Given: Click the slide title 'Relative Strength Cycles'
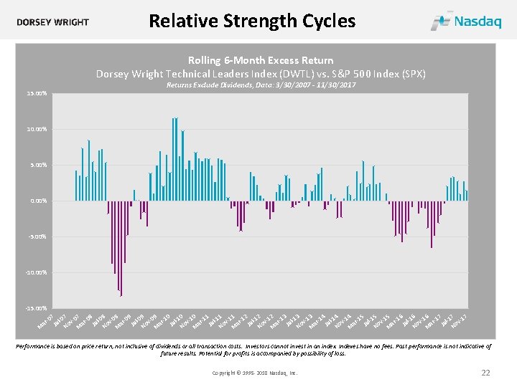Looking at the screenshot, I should (251, 21).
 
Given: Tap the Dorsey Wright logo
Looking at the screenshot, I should (53, 21).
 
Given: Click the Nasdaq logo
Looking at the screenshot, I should (466, 21).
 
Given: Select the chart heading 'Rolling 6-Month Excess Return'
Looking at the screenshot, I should (261, 60).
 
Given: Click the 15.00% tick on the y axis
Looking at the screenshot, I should (37, 93).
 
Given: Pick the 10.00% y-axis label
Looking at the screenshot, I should (37, 129).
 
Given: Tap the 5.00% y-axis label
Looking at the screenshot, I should (38, 165).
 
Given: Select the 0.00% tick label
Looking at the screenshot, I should (38, 201).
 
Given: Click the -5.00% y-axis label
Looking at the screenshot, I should (37, 236).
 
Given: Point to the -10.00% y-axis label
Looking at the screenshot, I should (36, 272).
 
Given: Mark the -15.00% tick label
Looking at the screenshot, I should (36, 308).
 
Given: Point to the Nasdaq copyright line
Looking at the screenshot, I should (255, 373).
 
